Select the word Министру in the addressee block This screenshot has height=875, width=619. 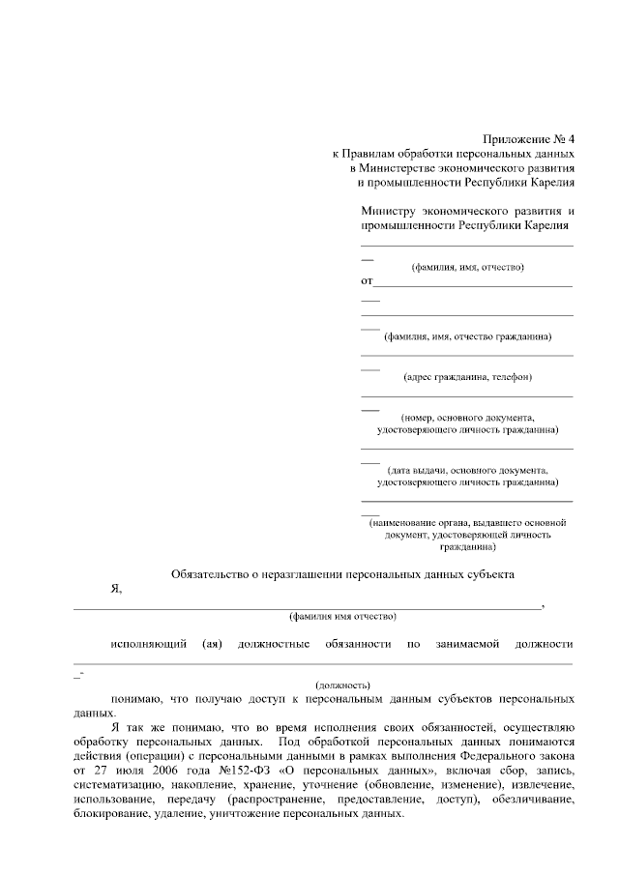[388, 211]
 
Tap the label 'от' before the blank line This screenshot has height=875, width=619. [367, 281]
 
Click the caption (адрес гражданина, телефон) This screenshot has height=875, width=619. [467, 376]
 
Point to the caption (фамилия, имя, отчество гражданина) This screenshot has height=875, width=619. [467, 336]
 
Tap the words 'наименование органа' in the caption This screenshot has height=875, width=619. [419, 522]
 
